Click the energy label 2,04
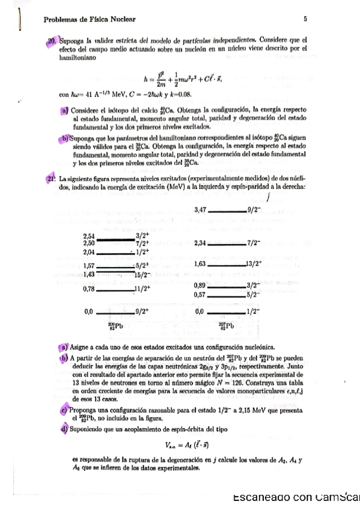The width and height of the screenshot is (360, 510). point(89,253)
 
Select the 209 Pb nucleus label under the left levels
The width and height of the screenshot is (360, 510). point(115,325)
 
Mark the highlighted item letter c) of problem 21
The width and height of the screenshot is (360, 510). point(64,410)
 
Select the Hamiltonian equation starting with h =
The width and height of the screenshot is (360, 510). point(180,79)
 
